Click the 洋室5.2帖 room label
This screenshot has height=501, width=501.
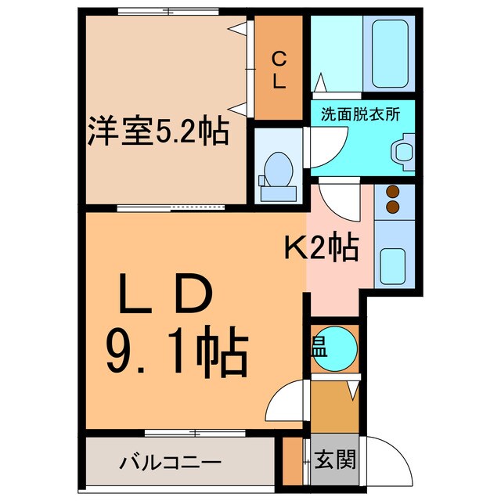tap(157, 132)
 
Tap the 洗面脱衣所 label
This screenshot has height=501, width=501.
tap(360, 114)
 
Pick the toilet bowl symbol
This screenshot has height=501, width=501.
tap(278, 168)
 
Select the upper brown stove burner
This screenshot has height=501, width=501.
tap(392, 193)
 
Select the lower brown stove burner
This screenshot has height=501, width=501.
tap(392, 207)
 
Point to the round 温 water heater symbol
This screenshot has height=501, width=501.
tap(337, 345)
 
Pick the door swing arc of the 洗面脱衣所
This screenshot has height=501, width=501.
tap(326, 141)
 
